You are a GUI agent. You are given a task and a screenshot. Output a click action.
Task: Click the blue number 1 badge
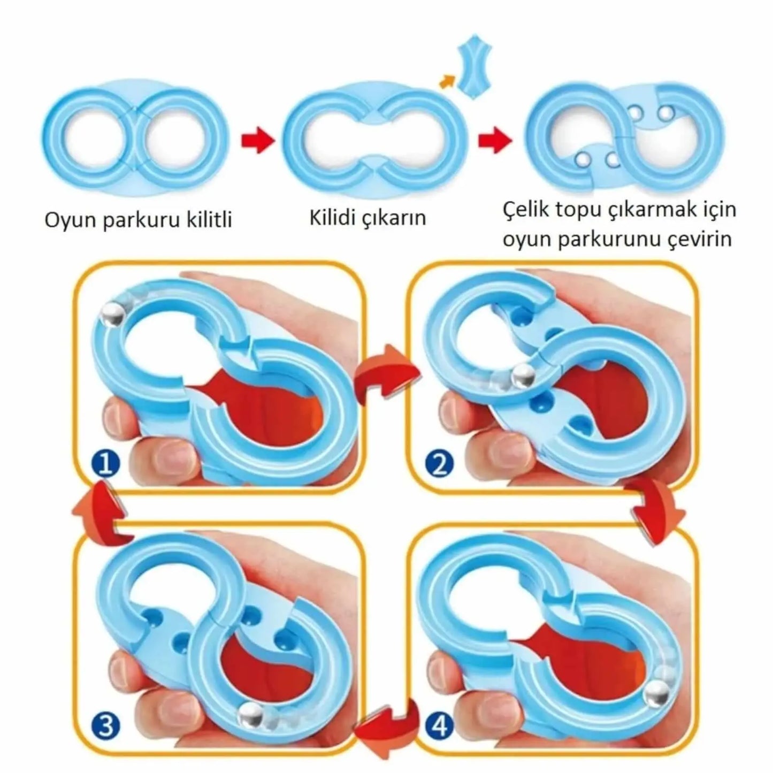point(105,465)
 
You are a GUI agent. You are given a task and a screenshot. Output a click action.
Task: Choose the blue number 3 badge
point(105,726)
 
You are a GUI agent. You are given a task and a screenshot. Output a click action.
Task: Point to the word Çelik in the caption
point(526,210)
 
